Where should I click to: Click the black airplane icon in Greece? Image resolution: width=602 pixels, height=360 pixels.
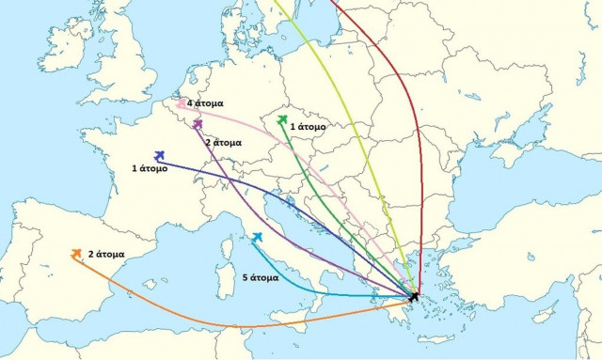pyautogui.click(x=415, y=297)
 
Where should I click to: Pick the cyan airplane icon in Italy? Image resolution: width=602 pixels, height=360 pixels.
pyautogui.click(x=256, y=236)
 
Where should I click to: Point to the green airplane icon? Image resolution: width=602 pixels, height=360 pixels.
pyautogui.click(x=282, y=119)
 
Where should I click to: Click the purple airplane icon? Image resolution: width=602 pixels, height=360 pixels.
pyautogui.click(x=198, y=123)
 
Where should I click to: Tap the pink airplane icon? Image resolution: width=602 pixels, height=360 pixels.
pyautogui.click(x=179, y=104)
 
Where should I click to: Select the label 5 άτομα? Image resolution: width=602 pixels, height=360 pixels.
pyautogui.click(x=261, y=278)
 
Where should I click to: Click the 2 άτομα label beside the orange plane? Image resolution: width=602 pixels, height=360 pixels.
pyautogui.click(x=106, y=254)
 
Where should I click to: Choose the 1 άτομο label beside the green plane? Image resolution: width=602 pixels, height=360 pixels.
pyautogui.click(x=308, y=125)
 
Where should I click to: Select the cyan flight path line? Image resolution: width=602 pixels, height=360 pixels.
pyautogui.click(x=320, y=292)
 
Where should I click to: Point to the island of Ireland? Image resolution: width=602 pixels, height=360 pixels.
pyautogui.click(x=66, y=47)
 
